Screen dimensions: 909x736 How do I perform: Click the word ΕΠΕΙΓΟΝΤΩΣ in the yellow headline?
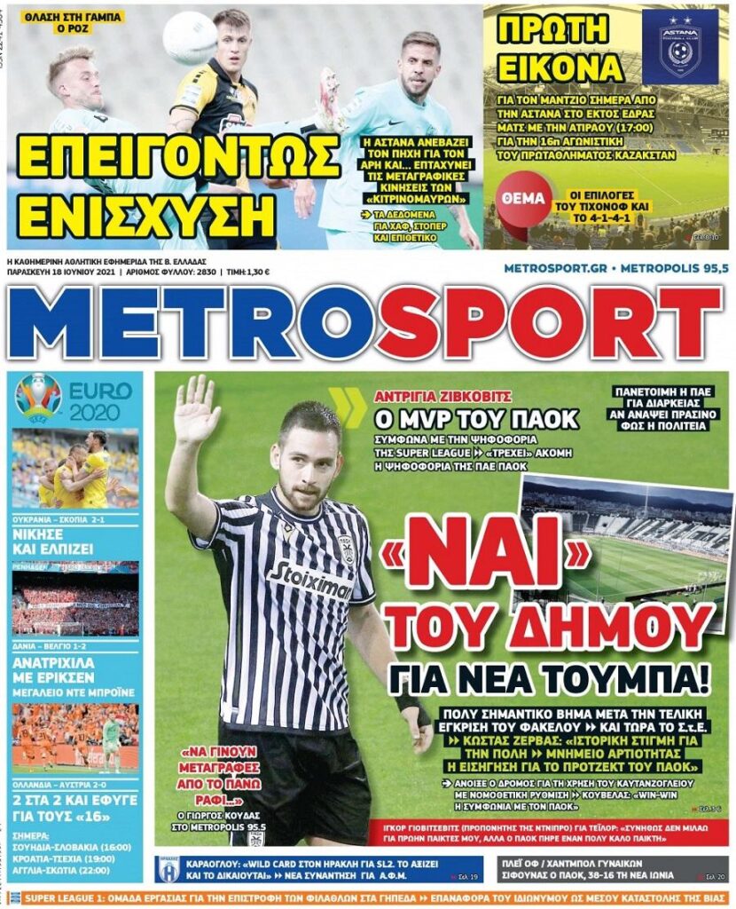pyautogui.click(x=177, y=157)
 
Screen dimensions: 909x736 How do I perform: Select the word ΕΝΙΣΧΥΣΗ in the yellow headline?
pyautogui.click(x=146, y=212)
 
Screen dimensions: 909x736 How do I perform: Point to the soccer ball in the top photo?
pyautogui.click(x=190, y=36)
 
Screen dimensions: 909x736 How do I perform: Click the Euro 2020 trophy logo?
pyautogui.click(x=38, y=397)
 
